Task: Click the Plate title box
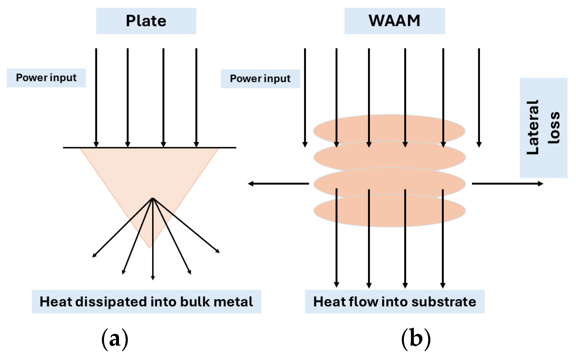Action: point(146,21)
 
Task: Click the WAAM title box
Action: point(394,21)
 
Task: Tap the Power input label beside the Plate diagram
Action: point(46,78)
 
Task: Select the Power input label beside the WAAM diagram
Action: point(260,79)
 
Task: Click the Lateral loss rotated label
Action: point(543,127)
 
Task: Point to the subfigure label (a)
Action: point(115,339)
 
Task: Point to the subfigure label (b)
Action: point(416,339)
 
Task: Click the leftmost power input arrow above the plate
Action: point(96,97)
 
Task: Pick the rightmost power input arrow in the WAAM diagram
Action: point(479,97)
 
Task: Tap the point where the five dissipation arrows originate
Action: point(153,198)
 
